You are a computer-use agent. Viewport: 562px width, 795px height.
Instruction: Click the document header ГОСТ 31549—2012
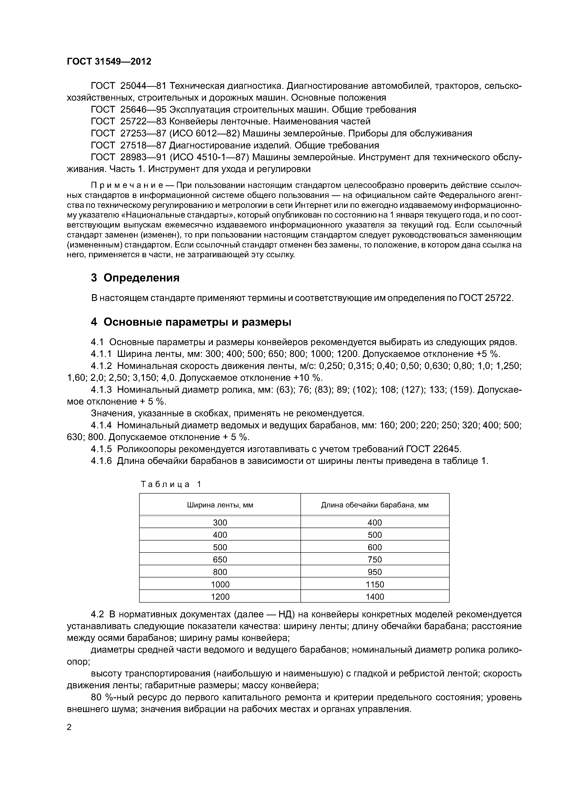pyautogui.click(x=109, y=62)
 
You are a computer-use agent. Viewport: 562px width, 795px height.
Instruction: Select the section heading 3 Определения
pyautogui.click(x=135, y=278)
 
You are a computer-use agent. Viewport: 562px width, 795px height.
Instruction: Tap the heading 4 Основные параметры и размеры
pyautogui.click(x=191, y=322)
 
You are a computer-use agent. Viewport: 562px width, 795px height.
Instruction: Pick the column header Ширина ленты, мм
pyautogui.click(x=220, y=505)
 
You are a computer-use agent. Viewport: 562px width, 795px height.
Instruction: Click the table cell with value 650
pyautogui.click(x=220, y=560)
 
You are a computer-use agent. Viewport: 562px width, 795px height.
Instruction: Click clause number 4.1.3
pyautogui.click(x=101, y=390)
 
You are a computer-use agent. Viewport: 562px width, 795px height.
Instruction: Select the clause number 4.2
pyautogui.click(x=97, y=614)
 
